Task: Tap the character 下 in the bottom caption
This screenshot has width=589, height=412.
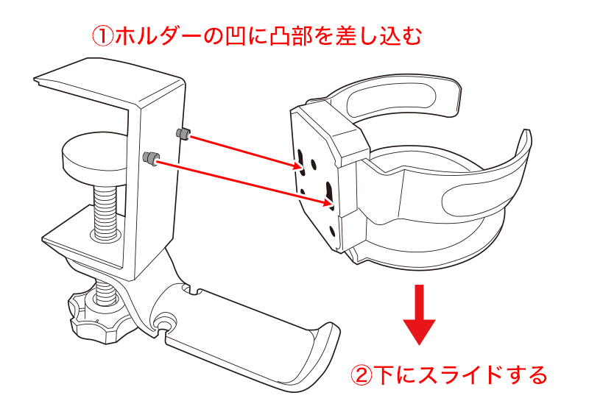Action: [386, 377]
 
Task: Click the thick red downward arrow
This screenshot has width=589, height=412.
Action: [420, 313]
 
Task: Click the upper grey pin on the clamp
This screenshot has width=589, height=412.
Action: [183, 134]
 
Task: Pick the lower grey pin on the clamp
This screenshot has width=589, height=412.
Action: [152, 157]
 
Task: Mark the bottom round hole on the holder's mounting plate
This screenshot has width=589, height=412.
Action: [332, 231]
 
